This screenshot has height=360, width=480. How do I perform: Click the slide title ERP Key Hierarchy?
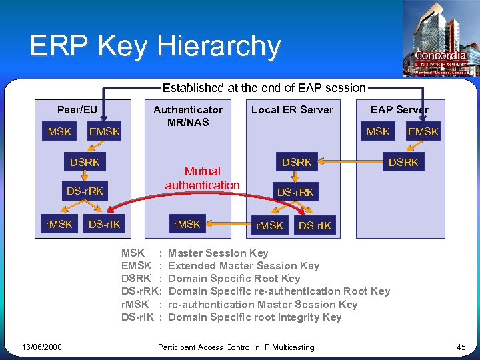coord(155,46)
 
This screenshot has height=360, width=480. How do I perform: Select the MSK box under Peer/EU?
coord(59,131)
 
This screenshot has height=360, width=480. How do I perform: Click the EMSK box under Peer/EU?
coord(104,131)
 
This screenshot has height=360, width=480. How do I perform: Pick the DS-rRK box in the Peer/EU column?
coord(85,191)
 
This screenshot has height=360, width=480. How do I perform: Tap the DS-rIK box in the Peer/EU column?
coord(105,224)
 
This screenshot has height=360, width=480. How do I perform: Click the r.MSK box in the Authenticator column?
coord(187,224)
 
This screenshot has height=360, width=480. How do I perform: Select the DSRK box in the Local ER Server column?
coord(297,162)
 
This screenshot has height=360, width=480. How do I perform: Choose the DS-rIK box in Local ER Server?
coord(315,226)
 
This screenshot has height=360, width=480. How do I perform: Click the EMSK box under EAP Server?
coord(423,131)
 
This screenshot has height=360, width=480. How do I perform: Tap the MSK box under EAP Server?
coord(378,131)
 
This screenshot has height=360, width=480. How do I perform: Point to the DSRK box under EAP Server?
coord(403,162)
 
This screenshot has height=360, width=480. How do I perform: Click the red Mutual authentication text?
coord(202,178)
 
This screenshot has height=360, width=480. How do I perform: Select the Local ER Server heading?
coord(292,109)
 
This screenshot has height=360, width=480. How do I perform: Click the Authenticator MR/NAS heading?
coord(188,115)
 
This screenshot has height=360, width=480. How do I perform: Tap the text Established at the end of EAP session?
coord(264,87)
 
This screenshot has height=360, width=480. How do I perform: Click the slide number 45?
coord(461,347)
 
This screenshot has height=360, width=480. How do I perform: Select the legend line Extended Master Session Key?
coord(243,265)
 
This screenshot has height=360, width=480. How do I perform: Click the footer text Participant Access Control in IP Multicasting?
coord(236,347)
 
